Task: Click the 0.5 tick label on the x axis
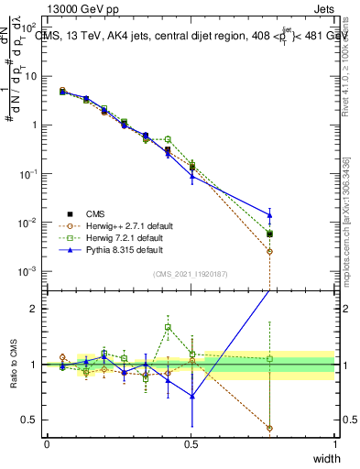pyautogui.click(x=191, y=443)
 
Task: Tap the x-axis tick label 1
pyautogui.click(x=334, y=443)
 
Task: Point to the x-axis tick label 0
pyautogui.click(x=47, y=443)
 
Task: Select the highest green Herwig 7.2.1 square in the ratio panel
pyautogui.click(x=168, y=327)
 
